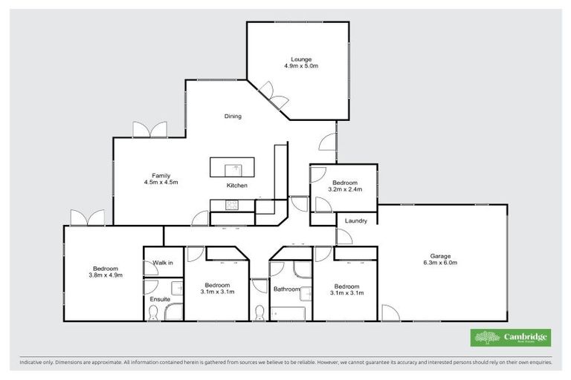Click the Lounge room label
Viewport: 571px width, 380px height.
(x=301, y=59)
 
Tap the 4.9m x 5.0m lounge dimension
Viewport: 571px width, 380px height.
(x=301, y=66)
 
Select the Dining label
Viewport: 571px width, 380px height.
(x=233, y=117)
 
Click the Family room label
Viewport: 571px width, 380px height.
(x=161, y=176)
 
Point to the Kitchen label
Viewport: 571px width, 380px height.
(x=237, y=186)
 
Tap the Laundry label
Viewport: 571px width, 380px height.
(x=355, y=220)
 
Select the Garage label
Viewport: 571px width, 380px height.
(x=441, y=255)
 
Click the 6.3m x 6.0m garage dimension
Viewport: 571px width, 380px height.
(x=441, y=263)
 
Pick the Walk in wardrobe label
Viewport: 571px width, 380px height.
(x=163, y=263)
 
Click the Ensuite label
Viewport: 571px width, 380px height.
(x=160, y=299)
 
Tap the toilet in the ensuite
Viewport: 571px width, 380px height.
(x=152, y=314)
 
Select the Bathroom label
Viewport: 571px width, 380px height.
(x=286, y=289)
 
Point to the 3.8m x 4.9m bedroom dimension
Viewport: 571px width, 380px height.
(x=104, y=275)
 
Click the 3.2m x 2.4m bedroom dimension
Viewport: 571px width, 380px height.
(x=345, y=189)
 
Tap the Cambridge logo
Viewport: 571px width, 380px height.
(x=512, y=338)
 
